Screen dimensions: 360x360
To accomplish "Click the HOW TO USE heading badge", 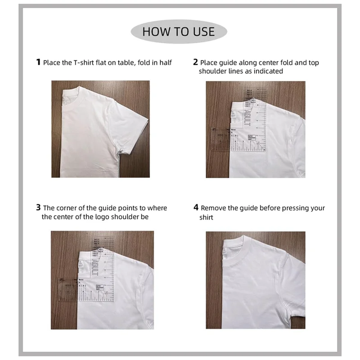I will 179,31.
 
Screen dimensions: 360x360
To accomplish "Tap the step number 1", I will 38,62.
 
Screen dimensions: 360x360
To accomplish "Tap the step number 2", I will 195,62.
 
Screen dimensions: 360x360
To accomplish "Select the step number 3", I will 38,207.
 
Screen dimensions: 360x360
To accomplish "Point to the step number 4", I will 196,207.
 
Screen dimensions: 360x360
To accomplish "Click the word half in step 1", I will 164,63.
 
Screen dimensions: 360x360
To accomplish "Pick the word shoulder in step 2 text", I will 213,71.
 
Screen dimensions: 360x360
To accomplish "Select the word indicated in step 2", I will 268,71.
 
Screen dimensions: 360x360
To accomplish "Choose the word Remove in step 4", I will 213,208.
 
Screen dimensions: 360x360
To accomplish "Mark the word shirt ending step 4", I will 206,217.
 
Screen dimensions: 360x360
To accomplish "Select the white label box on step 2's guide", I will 254,138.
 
